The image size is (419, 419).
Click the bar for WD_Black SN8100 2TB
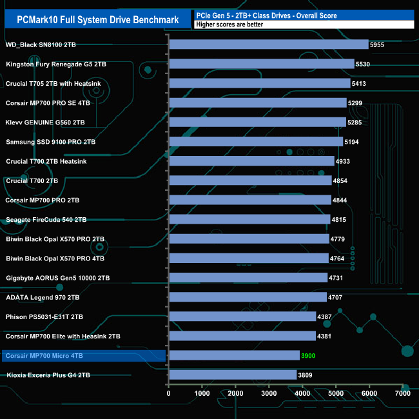click(x=268, y=44)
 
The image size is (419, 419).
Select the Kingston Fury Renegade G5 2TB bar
click(x=261, y=64)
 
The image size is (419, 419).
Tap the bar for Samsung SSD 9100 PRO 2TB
click(x=256, y=141)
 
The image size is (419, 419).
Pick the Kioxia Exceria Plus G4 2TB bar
click(x=233, y=375)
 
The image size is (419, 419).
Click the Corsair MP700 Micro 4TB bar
click(x=234, y=355)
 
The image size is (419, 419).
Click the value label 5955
click(x=378, y=44)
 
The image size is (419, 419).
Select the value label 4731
click(x=336, y=277)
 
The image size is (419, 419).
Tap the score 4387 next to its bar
click(x=325, y=317)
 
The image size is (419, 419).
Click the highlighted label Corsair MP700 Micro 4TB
click(x=44, y=355)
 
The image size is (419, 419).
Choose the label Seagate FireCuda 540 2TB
click(x=46, y=219)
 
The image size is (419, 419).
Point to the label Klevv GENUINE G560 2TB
click(x=45, y=122)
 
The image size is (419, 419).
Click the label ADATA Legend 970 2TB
click(x=43, y=297)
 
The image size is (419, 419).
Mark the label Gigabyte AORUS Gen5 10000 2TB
click(x=57, y=277)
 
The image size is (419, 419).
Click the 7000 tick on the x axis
click(x=402, y=393)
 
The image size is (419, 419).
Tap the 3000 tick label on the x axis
click(x=269, y=393)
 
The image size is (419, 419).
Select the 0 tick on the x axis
click(x=169, y=393)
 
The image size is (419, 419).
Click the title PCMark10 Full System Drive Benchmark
click(x=97, y=20)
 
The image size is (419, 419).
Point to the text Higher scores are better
click(x=232, y=25)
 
